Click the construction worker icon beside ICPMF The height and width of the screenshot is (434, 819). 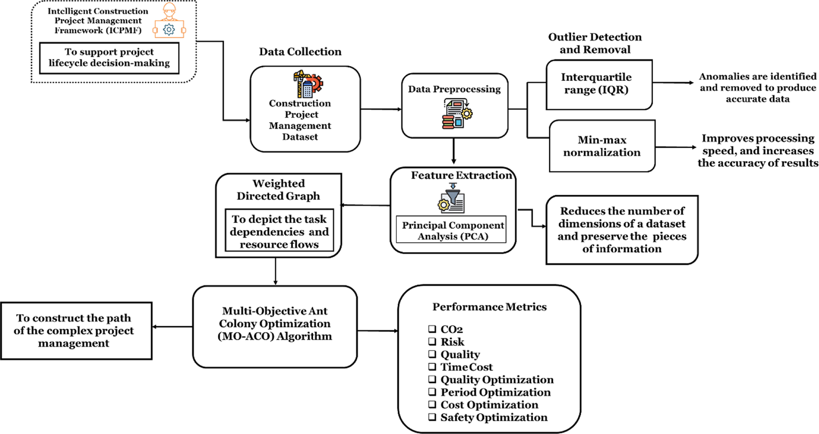[x=169, y=21]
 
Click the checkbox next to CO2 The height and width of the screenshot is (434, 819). [x=432, y=328]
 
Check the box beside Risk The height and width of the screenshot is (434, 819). [x=432, y=341]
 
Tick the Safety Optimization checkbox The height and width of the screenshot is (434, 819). [x=432, y=417]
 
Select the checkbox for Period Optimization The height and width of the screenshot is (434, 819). [x=432, y=392]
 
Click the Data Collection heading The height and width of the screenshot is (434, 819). [x=300, y=52]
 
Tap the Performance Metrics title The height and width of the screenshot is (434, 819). [x=490, y=307]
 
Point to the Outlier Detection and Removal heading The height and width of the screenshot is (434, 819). [x=595, y=43]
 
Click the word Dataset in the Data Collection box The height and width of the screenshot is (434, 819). [x=300, y=137]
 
